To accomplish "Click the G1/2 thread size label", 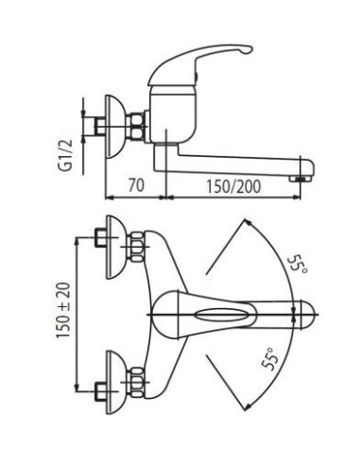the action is click(x=65, y=155).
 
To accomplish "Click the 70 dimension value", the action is click(x=136, y=185).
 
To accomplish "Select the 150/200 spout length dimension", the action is click(x=233, y=186).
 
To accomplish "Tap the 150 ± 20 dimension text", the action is click(x=63, y=310).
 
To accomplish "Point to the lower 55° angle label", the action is click(x=270, y=359).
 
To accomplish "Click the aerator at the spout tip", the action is click(x=300, y=179).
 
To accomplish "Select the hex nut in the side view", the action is click(x=137, y=127).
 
